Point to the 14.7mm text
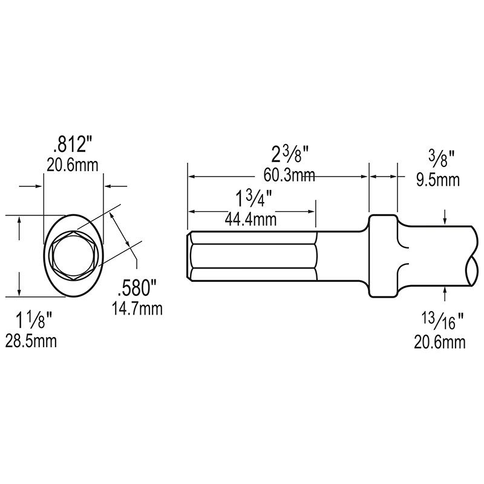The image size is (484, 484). tap(137, 309)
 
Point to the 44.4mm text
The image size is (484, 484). tap(250, 220)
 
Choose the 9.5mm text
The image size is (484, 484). tap(439, 179)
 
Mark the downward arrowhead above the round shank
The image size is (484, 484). tap(446, 220)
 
